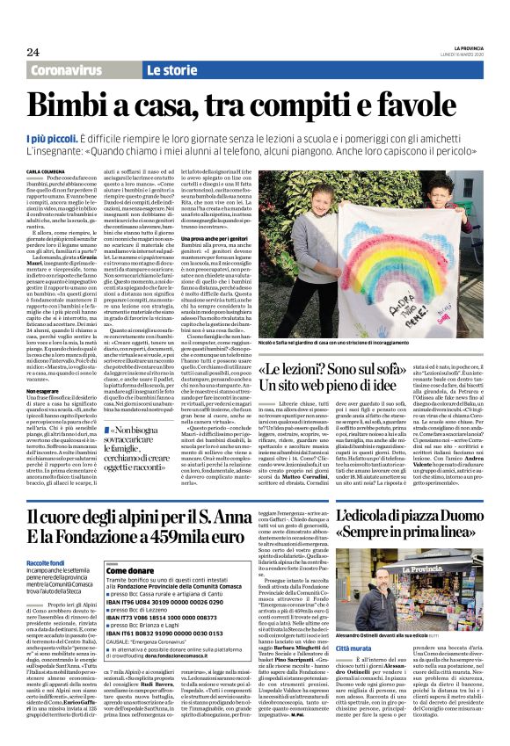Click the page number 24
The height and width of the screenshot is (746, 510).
[x=33, y=52]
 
